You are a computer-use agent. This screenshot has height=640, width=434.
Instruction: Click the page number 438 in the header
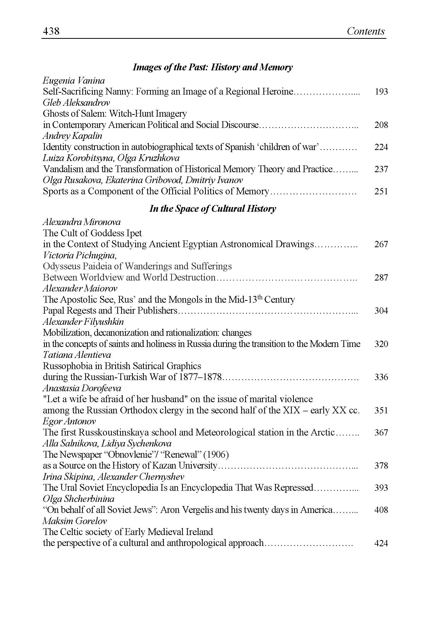tap(51, 31)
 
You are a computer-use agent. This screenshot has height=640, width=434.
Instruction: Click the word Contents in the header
tap(365, 31)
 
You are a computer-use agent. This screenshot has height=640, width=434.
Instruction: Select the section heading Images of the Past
tap(212, 67)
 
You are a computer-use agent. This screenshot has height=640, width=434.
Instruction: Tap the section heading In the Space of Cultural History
tap(212, 208)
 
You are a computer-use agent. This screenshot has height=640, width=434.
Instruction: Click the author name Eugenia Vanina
tap(74, 81)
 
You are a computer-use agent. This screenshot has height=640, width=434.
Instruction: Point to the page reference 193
tap(381, 92)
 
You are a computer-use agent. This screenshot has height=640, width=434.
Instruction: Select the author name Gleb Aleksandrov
tap(76, 103)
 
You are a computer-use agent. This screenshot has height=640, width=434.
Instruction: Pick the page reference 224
tap(381, 147)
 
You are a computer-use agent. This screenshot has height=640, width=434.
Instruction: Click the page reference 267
tap(381, 244)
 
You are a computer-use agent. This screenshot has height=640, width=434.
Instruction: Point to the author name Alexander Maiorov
tap(80, 288)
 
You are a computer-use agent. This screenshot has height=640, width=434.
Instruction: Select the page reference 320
tap(381, 344)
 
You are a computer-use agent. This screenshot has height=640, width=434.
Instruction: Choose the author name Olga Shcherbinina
tap(78, 499)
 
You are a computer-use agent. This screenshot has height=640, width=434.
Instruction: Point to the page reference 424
tap(381, 543)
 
